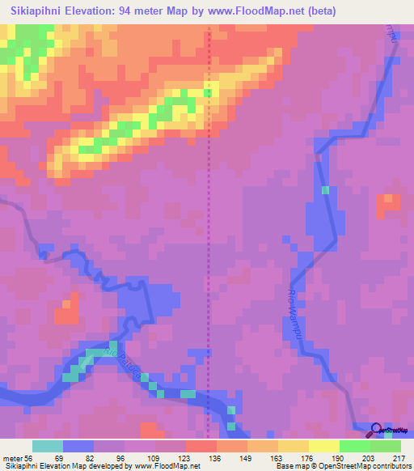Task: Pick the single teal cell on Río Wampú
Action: tap(325, 190)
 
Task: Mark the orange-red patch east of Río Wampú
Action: tap(387, 206)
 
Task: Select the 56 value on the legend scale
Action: tap(30, 458)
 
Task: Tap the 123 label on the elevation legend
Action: tap(184, 458)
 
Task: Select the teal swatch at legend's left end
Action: tap(48, 446)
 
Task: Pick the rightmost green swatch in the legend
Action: tap(386, 446)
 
